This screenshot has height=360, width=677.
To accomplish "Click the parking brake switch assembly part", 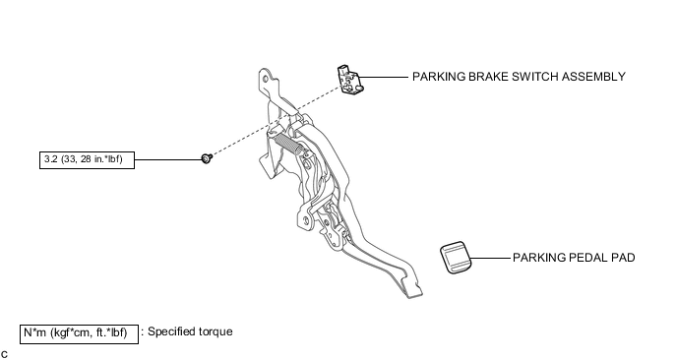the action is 350,80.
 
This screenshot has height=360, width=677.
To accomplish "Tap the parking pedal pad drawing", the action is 456,258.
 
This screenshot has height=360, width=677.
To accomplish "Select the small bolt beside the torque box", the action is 208,158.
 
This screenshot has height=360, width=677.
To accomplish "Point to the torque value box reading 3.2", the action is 87,159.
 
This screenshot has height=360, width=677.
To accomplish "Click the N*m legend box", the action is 79,334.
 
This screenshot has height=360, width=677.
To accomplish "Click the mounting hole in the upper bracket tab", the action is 265,78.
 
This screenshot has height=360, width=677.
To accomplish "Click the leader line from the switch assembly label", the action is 384,78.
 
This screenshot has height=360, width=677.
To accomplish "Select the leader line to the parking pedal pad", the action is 490,258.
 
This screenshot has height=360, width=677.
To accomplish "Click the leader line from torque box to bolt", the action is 169,159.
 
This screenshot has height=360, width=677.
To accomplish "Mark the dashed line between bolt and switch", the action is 277,122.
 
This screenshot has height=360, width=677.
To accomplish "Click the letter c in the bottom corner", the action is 4,355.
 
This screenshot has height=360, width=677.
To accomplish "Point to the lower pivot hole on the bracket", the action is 306,221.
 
